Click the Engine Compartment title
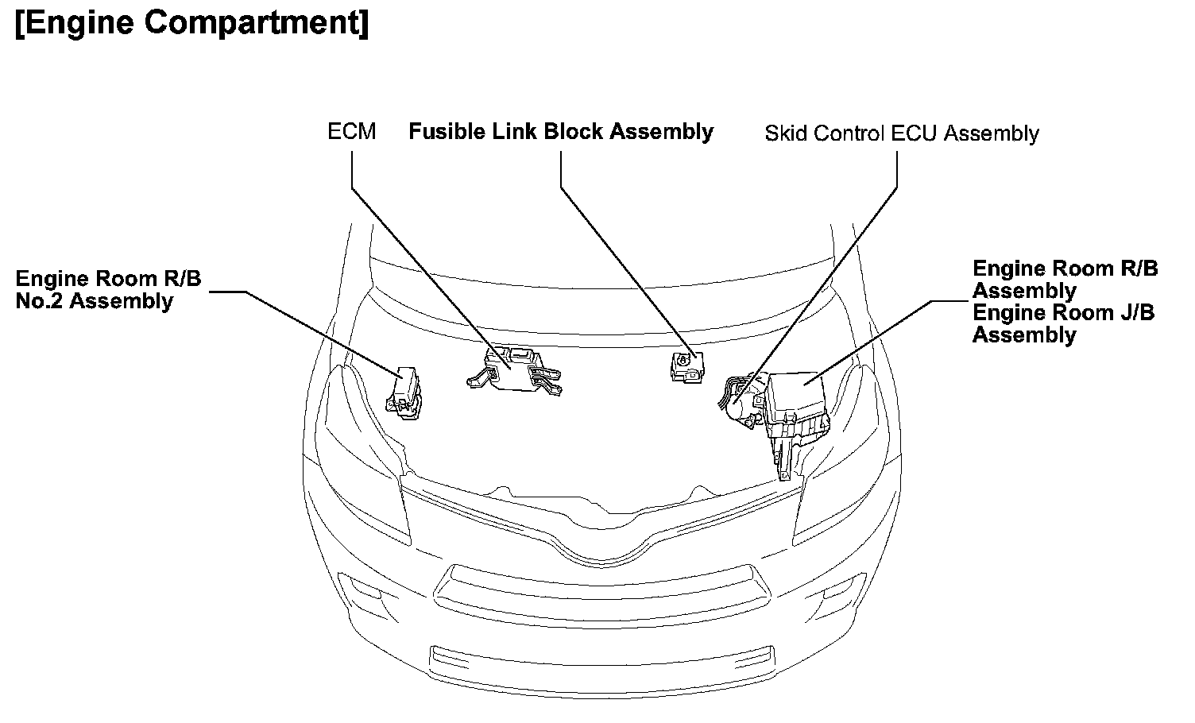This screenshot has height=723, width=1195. pos(191,24)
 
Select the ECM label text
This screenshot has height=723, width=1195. pos(351,131)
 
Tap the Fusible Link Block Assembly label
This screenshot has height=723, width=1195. pos(561,131)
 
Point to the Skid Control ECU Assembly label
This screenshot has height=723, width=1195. pos(901,133)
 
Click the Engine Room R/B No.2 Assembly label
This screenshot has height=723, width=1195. pos(108,290)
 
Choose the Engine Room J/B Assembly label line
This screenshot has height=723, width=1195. pos(1063,323)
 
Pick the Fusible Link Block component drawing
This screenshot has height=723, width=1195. pos(686,367)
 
